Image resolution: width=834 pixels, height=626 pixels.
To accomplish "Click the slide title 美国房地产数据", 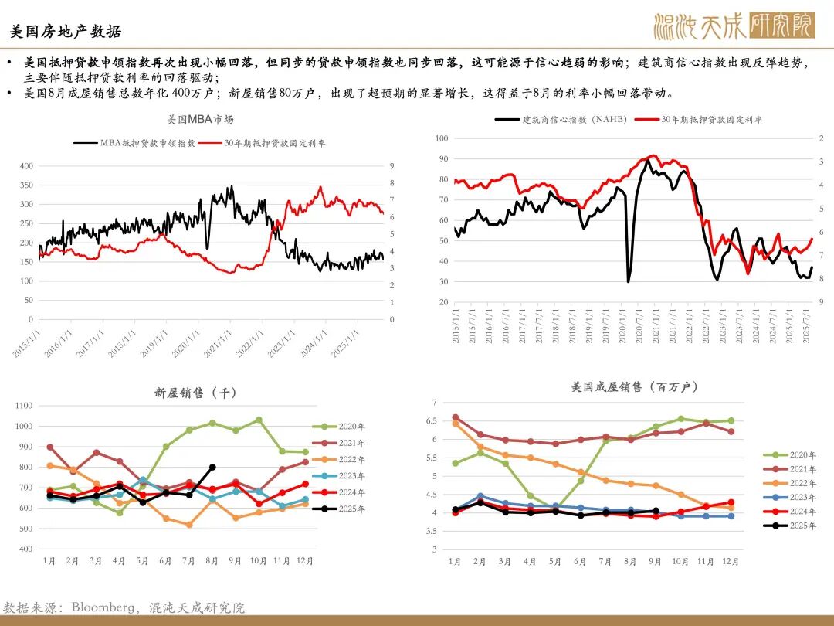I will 66,32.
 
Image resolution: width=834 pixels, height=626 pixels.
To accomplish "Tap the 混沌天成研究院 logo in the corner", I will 734,26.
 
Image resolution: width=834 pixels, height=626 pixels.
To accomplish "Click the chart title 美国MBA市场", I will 200,120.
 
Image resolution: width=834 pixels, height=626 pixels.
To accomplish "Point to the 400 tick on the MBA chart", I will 26,166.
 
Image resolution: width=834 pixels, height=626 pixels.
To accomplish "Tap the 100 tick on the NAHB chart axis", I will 442,138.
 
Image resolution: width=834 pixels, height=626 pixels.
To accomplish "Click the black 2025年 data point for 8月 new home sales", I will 213,467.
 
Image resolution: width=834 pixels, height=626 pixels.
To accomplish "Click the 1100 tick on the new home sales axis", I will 24,406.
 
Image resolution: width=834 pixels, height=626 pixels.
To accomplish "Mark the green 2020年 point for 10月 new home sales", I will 259,420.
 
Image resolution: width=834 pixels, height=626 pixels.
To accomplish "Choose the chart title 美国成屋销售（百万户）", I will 624,386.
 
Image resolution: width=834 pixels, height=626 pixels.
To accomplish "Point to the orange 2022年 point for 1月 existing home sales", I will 455,423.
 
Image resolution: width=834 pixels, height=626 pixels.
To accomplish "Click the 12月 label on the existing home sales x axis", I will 731,562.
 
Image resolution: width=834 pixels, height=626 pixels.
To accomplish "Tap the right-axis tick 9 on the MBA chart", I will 392,166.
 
